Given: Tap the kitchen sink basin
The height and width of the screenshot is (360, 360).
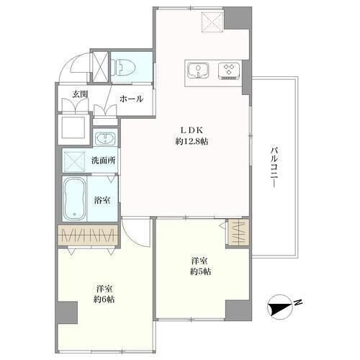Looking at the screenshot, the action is click(x=198, y=71).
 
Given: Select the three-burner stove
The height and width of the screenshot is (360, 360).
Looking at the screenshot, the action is click(x=229, y=71).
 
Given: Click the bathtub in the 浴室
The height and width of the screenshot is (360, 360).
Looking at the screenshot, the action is click(x=74, y=199).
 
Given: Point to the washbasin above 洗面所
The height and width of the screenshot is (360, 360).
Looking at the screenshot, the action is click(x=105, y=139).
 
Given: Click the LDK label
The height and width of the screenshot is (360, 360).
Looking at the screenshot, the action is click(x=192, y=130).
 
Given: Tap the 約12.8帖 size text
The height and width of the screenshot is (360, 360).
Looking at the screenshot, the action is click(x=192, y=142).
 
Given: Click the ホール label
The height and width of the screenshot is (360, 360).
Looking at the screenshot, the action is click(x=131, y=99).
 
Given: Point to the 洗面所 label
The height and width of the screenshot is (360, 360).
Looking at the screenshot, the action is click(x=104, y=161).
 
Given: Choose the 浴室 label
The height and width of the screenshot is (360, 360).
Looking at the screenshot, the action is click(x=102, y=200).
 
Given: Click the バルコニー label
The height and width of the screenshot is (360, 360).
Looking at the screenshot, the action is click(x=274, y=167).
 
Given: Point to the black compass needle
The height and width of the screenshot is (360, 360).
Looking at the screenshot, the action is click(x=279, y=307).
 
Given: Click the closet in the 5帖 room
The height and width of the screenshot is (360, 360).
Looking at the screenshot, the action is click(x=238, y=233).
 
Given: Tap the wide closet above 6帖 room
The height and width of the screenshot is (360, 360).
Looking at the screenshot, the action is click(x=88, y=235).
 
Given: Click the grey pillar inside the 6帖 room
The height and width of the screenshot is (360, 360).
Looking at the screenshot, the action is click(x=68, y=312).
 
